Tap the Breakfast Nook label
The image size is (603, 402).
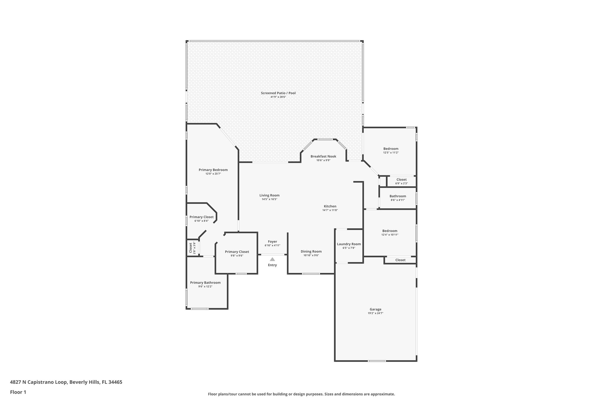[323, 156]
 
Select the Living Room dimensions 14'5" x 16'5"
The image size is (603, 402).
[269, 199]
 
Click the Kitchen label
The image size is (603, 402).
[330, 206]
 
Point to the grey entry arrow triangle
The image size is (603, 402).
[272, 259]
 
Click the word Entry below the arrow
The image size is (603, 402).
[272, 265]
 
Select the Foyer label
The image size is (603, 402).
[272, 241]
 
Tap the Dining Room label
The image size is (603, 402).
[311, 252]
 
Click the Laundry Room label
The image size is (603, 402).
[349, 244]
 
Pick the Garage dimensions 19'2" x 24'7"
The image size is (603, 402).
[375, 313]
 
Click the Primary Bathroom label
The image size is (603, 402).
[205, 282]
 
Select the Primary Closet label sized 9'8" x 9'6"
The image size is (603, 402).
[237, 252]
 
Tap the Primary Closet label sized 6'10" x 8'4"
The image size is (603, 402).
[201, 217]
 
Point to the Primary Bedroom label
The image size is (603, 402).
[213, 170]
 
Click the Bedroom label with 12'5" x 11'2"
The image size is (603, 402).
[391, 149]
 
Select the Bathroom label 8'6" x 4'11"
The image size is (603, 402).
[398, 196]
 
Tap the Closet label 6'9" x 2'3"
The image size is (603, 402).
[401, 180]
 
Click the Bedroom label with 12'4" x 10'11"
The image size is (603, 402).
[390, 231]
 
